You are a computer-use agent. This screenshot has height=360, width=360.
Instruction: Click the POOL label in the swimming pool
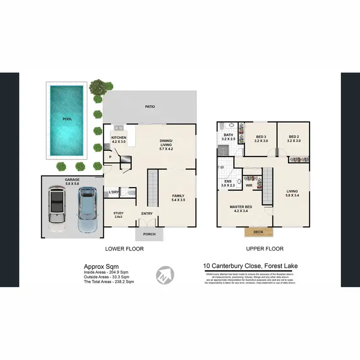[x=67, y=119]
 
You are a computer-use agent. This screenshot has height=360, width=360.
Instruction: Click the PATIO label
[x=150, y=107]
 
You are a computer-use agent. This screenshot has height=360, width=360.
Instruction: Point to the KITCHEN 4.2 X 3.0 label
[x=119, y=140]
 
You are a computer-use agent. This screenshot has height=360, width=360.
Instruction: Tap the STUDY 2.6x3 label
[x=119, y=215]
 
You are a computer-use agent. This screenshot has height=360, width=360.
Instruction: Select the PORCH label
[x=149, y=235]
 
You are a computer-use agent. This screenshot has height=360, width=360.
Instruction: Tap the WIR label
[x=249, y=184]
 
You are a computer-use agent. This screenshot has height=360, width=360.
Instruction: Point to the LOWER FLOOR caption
[x=124, y=249]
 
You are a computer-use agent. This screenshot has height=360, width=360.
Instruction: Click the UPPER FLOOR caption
[x=264, y=249]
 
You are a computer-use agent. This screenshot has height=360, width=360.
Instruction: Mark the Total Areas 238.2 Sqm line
[x=108, y=282]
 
